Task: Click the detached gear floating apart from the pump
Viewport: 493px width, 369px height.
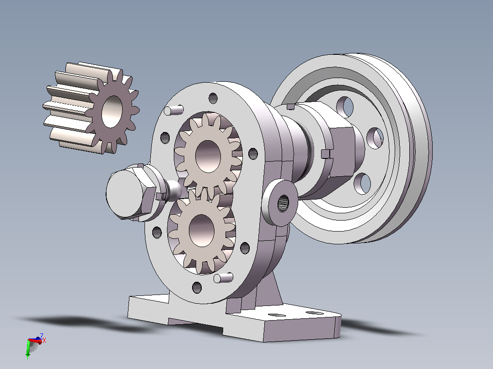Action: click(x=91, y=107)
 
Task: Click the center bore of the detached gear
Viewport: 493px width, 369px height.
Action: click(x=112, y=111)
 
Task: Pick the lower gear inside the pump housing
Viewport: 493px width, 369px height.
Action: click(x=202, y=230)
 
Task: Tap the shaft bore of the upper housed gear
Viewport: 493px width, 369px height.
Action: click(x=208, y=156)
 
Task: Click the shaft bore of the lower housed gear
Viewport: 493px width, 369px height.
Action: click(x=202, y=231)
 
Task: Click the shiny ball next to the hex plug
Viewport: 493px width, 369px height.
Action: click(x=174, y=190)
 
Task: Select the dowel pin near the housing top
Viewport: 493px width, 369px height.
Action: click(x=174, y=110)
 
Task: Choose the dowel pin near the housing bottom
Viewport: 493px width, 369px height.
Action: click(x=223, y=278)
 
